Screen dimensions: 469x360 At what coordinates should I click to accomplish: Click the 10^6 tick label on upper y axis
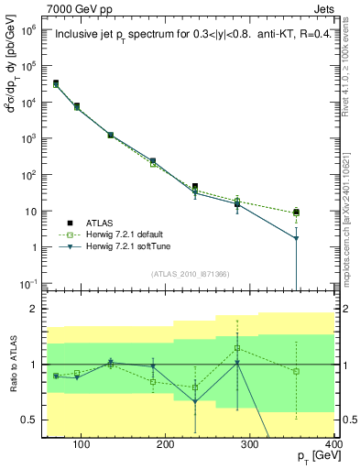pos(31,29)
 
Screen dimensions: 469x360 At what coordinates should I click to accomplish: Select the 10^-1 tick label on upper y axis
pos(31,283)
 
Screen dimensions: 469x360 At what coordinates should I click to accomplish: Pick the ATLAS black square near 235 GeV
pos(220,187)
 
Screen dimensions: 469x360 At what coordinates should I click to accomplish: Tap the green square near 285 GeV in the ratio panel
pos(263,348)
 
